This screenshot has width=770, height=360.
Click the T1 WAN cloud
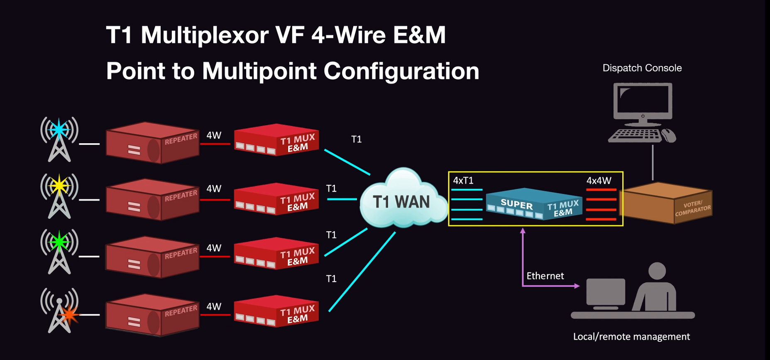401,201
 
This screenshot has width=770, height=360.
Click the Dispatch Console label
642,68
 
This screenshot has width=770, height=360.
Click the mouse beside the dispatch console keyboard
668,135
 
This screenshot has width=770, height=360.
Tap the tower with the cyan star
59,139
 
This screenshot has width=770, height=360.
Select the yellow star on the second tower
59,185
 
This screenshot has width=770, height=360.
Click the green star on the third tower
59,242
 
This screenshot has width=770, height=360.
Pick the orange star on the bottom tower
69,315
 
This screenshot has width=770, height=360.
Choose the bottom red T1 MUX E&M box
276,311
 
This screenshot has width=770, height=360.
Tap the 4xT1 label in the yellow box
463,181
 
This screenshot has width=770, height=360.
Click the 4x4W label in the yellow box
599,181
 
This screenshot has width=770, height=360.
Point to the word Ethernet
545,276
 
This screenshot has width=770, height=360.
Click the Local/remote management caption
631,337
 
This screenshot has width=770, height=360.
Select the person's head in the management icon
657,271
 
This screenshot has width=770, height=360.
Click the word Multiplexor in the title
204,35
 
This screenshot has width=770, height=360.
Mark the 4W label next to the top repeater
214,135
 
